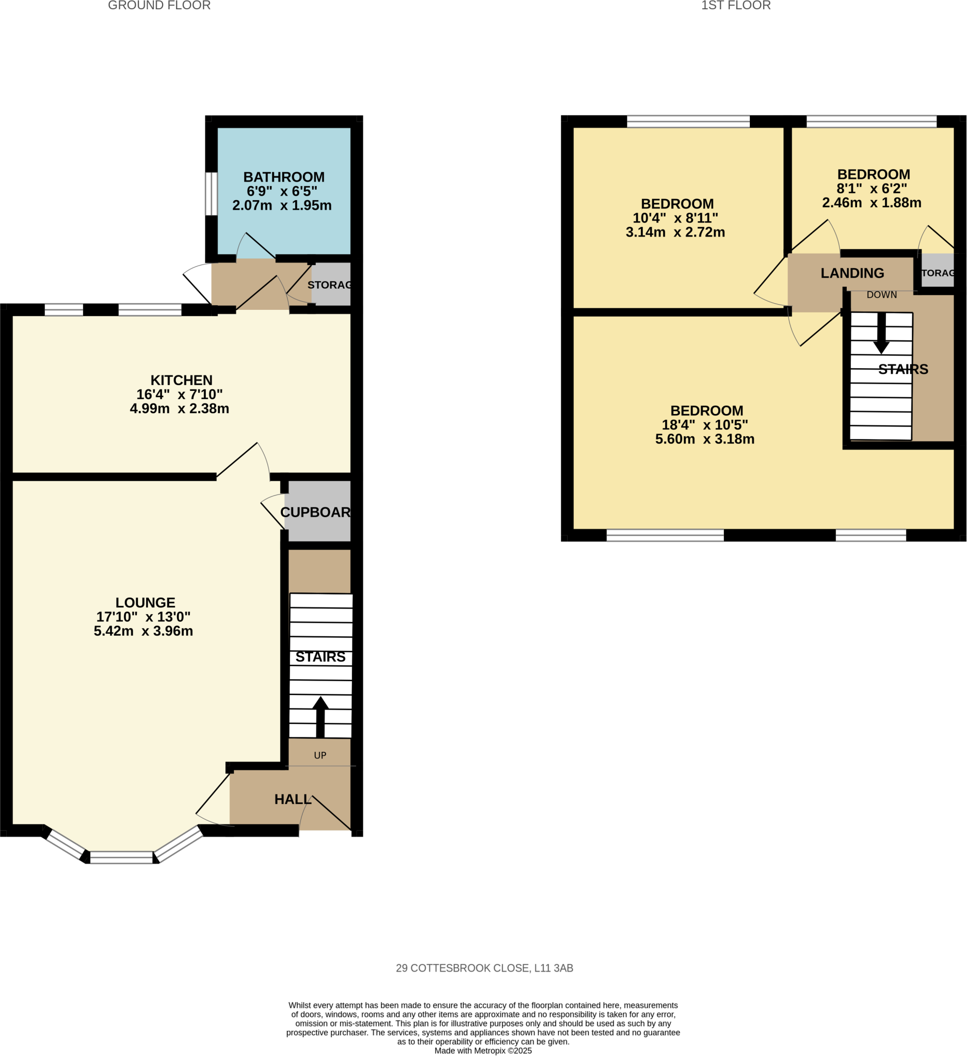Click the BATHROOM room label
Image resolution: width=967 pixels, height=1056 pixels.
pyautogui.click(x=284, y=177)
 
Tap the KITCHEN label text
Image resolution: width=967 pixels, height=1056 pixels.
pyautogui.click(x=181, y=381)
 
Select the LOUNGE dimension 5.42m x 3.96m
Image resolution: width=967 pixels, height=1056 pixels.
pyautogui.click(x=143, y=631)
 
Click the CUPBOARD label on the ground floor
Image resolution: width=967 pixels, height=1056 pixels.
pyautogui.click(x=315, y=513)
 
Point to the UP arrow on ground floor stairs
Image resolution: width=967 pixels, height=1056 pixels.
pyautogui.click(x=320, y=717)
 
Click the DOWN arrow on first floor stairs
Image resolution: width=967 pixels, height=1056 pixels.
pyautogui.click(x=881, y=333)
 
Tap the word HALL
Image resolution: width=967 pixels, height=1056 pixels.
pyautogui.click(x=293, y=799)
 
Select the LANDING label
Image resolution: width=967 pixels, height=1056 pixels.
pyautogui.click(x=852, y=273)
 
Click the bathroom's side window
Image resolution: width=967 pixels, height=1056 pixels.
pyautogui.click(x=211, y=194)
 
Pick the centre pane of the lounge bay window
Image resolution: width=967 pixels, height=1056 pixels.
pyautogui.click(x=121, y=857)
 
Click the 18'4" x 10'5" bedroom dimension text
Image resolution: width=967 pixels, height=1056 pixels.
pyautogui.click(x=704, y=425)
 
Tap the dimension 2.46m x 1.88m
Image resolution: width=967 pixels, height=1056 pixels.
pyautogui.click(x=871, y=203)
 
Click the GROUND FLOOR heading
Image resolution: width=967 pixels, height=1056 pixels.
pyautogui.click(x=159, y=6)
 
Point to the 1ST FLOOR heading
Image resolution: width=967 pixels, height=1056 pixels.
pyautogui.click(x=735, y=6)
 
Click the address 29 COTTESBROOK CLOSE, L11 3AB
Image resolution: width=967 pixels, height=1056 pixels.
pyautogui.click(x=484, y=968)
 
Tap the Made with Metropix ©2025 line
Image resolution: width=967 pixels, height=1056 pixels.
pyautogui.click(x=482, y=1050)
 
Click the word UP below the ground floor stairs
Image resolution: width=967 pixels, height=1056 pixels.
pyautogui.click(x=320, y=755)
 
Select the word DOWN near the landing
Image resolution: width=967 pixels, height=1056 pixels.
pyautogui.click(x=881, y=295)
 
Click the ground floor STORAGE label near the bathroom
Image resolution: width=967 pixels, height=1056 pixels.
pyautogui.click(x=329, y=285)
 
